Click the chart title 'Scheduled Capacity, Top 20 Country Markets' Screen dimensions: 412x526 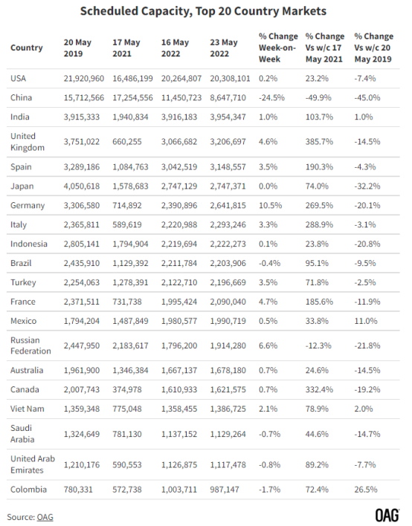click(x=203, y=11)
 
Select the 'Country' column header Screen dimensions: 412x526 click(x=27, y=48)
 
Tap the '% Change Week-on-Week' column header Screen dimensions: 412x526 click(x=278, y=48)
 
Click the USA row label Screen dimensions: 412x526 click(x=18, y=78)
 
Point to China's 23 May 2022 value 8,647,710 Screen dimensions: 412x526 click(x=228, y=97)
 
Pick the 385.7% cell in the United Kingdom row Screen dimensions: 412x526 click(x=319, y=142)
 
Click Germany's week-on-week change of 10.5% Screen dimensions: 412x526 click(x=270, y=205)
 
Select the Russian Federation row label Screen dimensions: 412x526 click(x=30, y=345)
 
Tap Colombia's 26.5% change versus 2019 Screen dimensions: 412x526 click(x=366, y=490)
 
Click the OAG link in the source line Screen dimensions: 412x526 click(x=45, y=517)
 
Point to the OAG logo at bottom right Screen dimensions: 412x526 click(x=387, y=516)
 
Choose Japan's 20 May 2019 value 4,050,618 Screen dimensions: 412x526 click(x=82, y=186)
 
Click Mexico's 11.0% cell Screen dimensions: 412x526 click(x=366, y=321)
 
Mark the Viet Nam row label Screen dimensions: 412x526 click(x=28, y=409)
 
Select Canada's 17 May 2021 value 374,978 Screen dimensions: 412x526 click(x=127, y=389)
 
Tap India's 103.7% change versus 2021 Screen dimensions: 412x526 click(x=319, y=117)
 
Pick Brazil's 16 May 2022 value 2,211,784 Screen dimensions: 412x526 click(x=179, y=263)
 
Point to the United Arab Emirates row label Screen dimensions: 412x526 click(x=33, y=464)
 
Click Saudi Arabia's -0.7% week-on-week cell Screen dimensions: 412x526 click(x=269, y=434)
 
